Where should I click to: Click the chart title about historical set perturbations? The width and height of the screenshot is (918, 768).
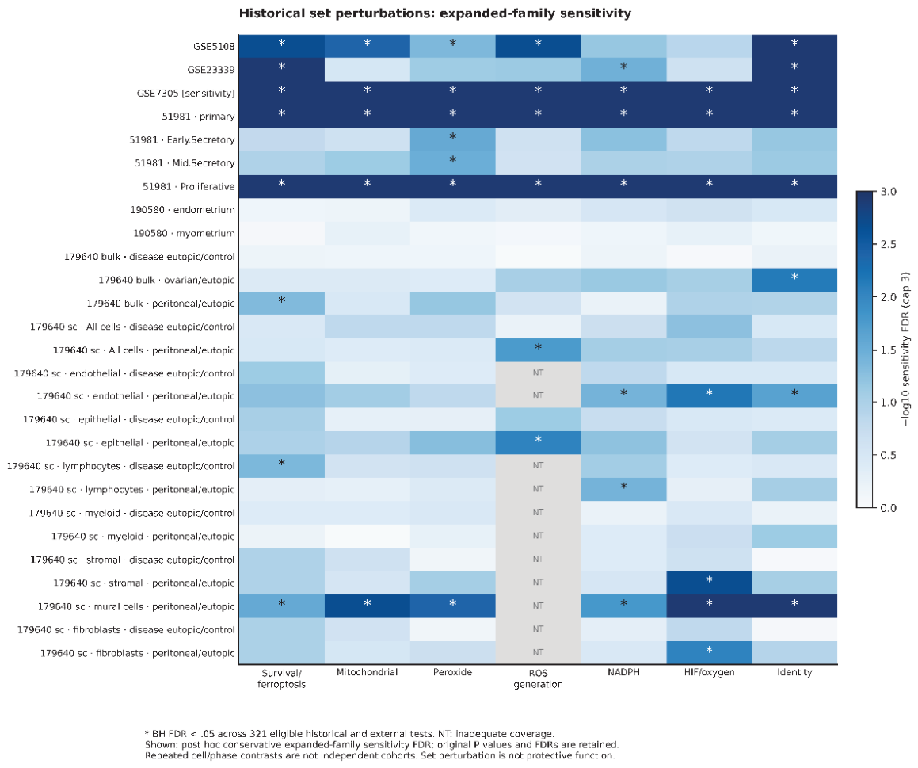pos(435,13)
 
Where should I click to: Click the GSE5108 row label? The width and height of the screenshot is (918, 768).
pos(215,46)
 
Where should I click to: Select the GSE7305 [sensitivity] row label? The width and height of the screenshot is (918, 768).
pos(185,94)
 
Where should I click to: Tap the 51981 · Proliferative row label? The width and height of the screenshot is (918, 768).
pos(189,187)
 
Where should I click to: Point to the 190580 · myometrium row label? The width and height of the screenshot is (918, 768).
pos(185,233)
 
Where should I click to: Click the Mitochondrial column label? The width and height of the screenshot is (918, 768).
pos(367,672)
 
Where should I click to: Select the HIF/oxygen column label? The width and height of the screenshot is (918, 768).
pos(709,672)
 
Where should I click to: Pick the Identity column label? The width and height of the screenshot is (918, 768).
pos(794,672)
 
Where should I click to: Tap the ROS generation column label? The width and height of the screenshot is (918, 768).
pos(538,678)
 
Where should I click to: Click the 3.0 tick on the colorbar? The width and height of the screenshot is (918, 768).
pos(888,192)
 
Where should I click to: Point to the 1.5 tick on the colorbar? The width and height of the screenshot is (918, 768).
pos(888,350)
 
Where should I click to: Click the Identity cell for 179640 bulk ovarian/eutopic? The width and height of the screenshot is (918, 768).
pos(794,280)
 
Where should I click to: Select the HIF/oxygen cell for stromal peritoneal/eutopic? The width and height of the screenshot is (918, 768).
pos(709,583)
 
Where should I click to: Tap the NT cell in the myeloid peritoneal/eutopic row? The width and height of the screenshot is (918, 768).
pos(538,536)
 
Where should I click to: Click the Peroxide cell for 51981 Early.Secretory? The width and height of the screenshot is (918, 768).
pos(452,140)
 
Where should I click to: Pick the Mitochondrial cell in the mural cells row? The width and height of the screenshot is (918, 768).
pos(367,606)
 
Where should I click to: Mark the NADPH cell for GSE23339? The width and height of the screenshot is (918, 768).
pos(623,70)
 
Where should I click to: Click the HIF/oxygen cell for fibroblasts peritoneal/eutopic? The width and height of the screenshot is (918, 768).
pos(709,652)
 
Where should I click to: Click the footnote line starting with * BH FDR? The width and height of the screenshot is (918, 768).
pos(349,733)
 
